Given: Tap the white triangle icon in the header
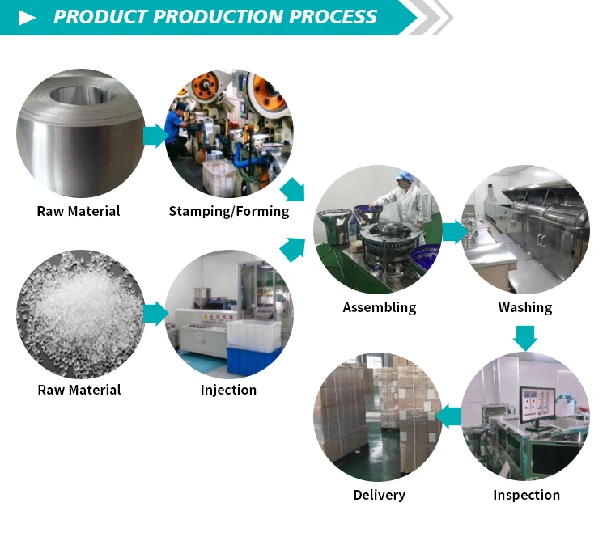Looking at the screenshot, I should tap(28, 17).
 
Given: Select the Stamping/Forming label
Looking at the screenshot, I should tap(229, 211).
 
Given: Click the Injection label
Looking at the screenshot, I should tap(228, 390).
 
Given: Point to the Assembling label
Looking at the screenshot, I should tap(379, 307).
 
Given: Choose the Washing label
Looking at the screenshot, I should tap(525, 307).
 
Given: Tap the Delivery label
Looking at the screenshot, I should tap(379, 494).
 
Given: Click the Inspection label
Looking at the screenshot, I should tap(526, 494).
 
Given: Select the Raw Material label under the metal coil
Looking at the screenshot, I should tap(79, 211).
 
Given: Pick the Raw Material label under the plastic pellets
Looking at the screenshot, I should tap(79, 390).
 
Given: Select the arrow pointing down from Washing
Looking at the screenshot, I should tap(525, 337).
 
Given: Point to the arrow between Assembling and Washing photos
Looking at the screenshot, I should tap(454, 232).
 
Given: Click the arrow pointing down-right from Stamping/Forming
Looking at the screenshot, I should tap(293, 191).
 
